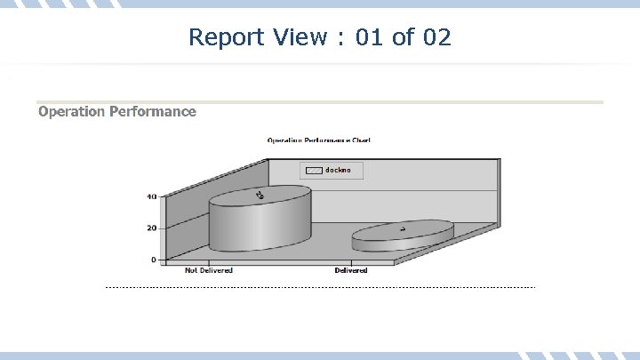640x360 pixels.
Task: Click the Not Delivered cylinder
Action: [x=260, y=222]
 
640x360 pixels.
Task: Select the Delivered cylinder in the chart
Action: [x=403, y=236]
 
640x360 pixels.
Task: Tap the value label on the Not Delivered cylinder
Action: [x=260, y=195]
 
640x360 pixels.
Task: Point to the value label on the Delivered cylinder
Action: [x=403, y=229]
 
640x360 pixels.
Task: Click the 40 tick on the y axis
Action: [x=151, y=196]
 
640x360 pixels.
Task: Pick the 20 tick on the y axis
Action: [x=151, y=228]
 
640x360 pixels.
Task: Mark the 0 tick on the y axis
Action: [x=154, y=260]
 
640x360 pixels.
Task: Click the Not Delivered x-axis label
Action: [x=209, y=270]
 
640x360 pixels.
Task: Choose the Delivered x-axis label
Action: [x=351, y=270]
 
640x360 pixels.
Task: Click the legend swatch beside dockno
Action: [x=314, y=170]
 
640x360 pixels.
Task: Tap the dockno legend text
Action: [x=338, y=170]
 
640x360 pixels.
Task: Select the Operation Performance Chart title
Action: [x=319, y=140]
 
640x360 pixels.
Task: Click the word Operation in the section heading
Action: [x=71, y=112]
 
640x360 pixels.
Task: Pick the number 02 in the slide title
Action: [x=436, y=37]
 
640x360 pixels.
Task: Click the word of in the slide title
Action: [x=403, y=37]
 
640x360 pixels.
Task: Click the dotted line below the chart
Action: [x=320, y=287]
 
